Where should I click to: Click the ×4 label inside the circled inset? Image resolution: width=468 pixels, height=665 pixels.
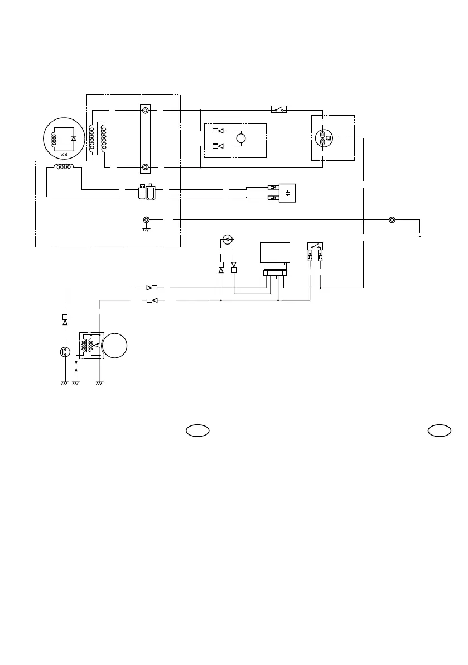click(x=64, y=154)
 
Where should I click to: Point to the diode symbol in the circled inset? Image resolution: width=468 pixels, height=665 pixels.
click(x=74, y=138)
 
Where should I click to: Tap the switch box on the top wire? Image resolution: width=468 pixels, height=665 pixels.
click(x=278, y=109)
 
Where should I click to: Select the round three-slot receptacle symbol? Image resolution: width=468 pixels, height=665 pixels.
click(x=325, y=138)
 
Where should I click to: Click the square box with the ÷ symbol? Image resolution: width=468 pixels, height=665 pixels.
click(x=287, y=193)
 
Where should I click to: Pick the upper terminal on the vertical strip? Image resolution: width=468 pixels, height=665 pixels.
click(x=145, y=111)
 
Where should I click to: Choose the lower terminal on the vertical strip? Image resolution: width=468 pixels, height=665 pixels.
click(x=145, y=166)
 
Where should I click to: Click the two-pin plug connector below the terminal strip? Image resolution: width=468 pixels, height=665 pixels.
click(x=146, y=193)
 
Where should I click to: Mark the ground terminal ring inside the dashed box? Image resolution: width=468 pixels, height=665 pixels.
click(x=147, y=220)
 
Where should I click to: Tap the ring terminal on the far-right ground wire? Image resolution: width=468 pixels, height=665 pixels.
click(x=392, y=220)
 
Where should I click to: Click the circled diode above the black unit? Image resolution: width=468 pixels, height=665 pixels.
click(x=227, y=240)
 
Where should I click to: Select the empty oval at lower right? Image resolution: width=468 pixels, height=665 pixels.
click(x=440, y=430)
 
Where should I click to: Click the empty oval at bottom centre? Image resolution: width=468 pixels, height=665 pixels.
click(x=197, y=430)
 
